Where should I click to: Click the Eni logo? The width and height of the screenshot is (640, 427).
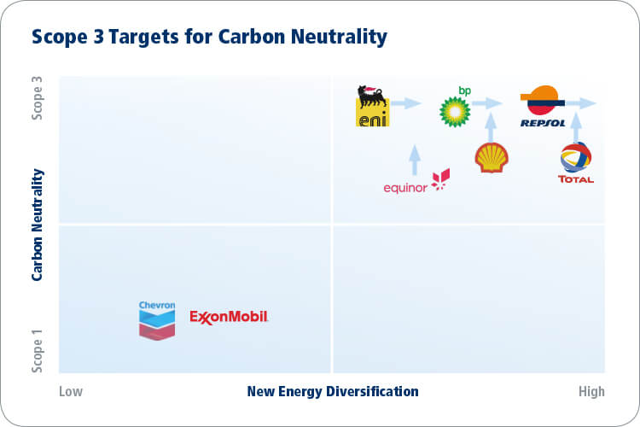point(372,106)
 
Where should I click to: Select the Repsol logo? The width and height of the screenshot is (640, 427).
point(543,106)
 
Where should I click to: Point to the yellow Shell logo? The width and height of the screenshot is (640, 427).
point(492,157)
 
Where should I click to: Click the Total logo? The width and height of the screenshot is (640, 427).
point(575,162)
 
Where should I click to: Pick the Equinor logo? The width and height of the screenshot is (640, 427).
point(416,180)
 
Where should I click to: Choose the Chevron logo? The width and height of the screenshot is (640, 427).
point(157,321)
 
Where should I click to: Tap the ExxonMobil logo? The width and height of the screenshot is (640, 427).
point(229,317)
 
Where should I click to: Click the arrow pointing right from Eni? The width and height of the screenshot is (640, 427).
point(405,103)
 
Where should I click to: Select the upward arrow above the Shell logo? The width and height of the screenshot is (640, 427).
point(491,127)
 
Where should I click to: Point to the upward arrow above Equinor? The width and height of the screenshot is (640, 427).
point(415,160)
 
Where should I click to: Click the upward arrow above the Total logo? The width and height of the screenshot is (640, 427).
point(576,127)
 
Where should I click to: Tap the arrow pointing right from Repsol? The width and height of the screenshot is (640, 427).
point(581,103)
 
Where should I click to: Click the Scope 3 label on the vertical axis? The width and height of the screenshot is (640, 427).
point(38,98)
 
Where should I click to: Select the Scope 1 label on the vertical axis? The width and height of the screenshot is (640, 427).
point(38,351)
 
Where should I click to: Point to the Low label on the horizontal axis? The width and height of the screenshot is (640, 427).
point(71,391)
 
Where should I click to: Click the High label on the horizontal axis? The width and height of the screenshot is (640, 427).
point(591,391)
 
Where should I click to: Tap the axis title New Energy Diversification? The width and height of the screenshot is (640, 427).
point(333,391)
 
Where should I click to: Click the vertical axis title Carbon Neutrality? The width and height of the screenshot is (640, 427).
point(38,225)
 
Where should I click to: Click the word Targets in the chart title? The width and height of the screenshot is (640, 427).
point(143,37)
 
